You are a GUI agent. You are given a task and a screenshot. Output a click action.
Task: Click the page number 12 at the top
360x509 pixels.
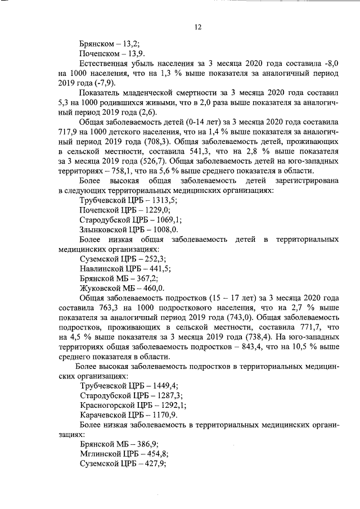[198, 27]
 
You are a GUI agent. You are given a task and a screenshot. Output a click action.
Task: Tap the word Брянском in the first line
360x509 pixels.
[98, 46]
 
